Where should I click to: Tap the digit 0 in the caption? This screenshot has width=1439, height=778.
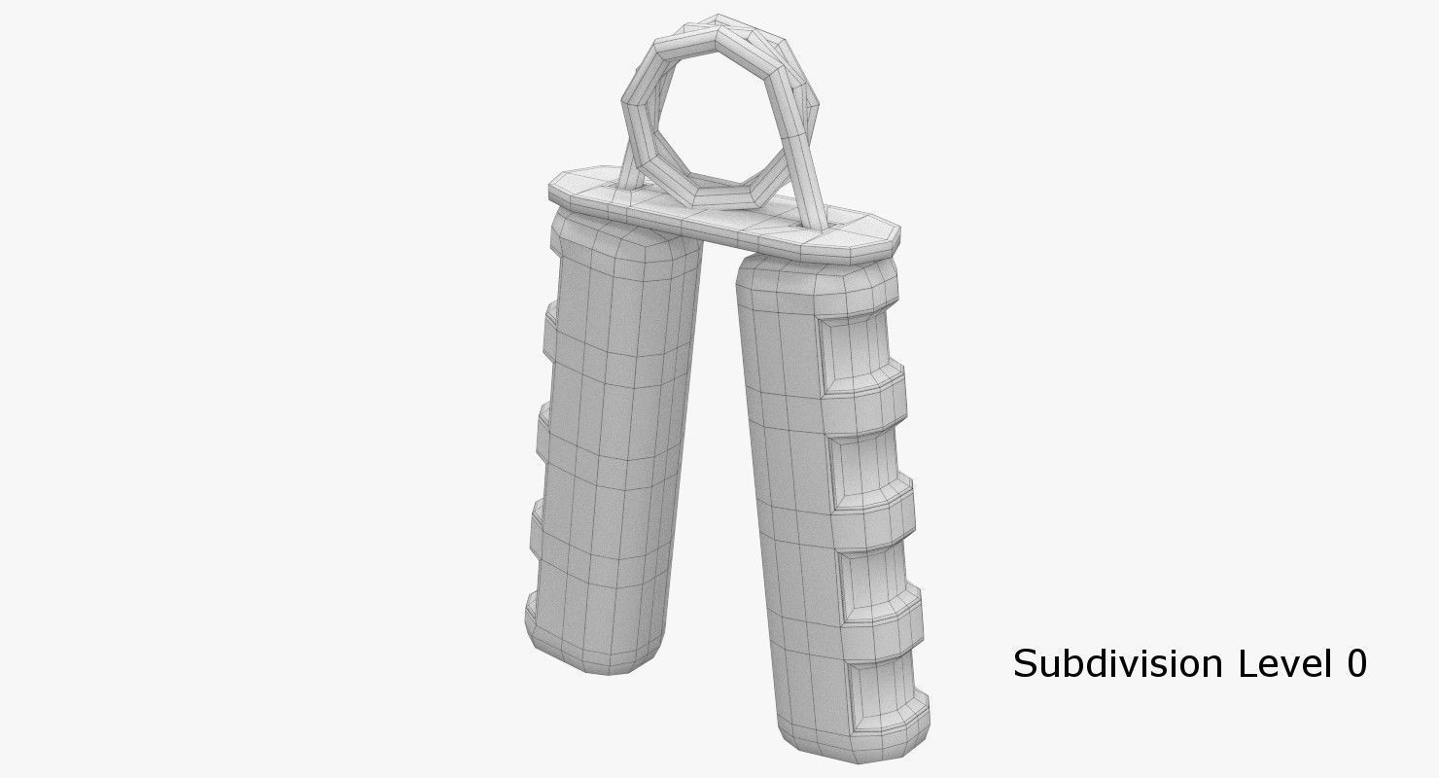coord(1355,663)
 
